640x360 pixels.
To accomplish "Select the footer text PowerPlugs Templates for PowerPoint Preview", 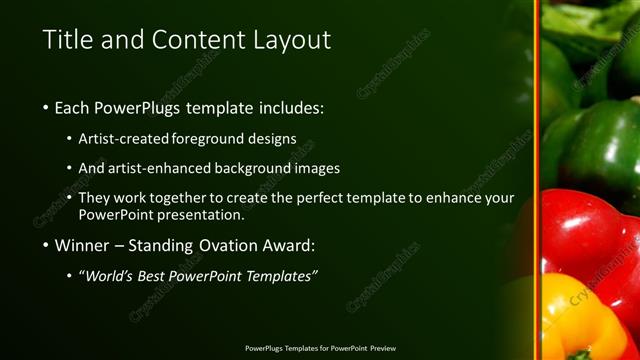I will (320, 348).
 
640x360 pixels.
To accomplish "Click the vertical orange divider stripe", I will (536, 180).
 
